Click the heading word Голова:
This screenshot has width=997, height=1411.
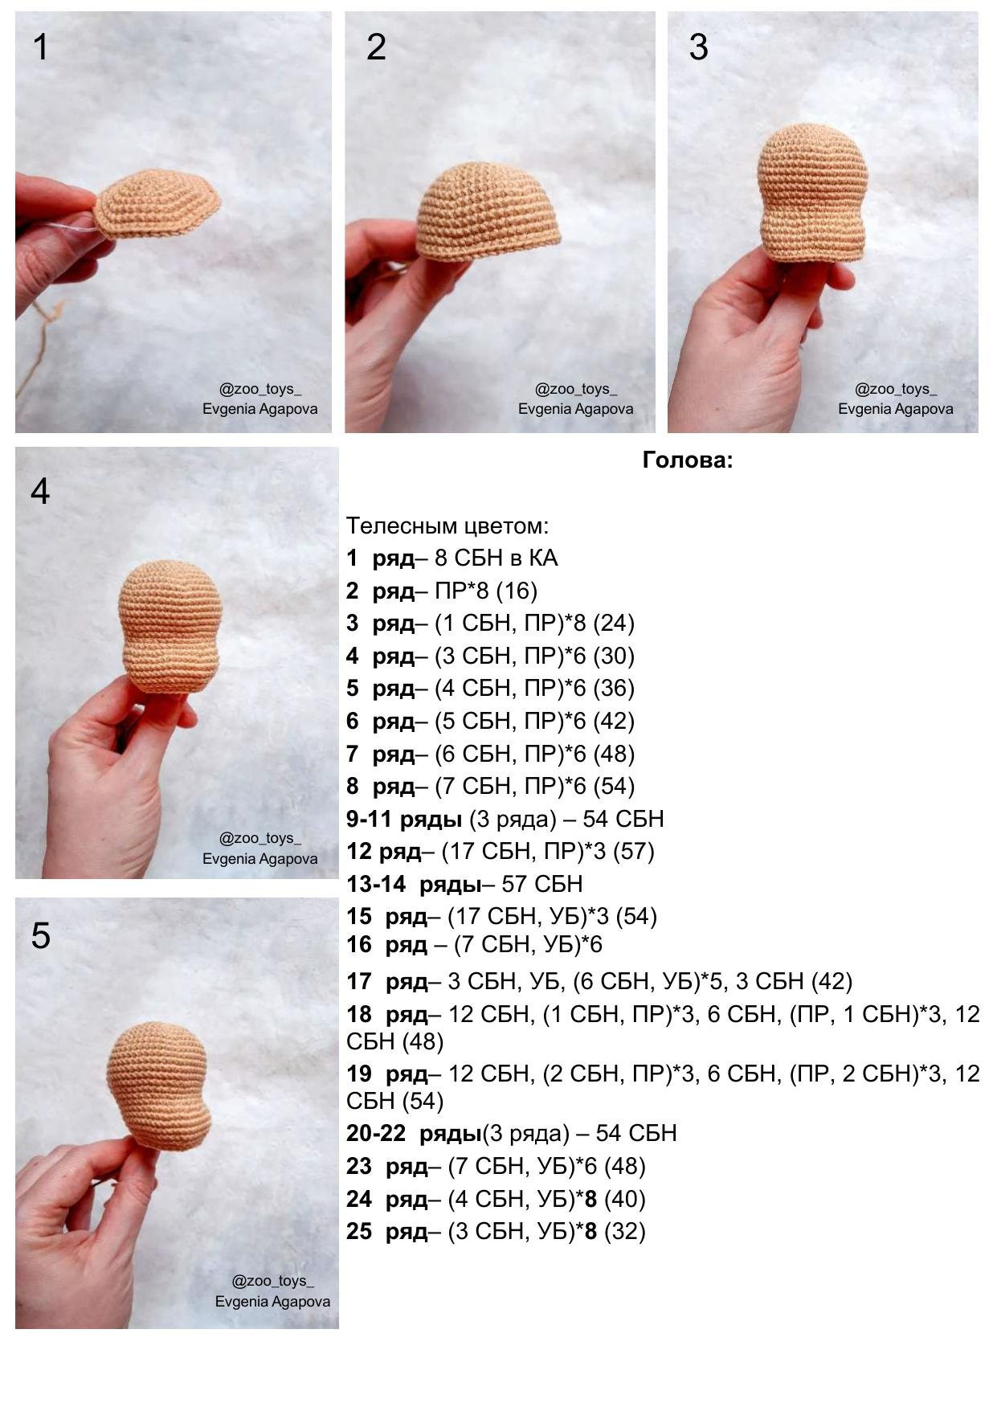(688, 460)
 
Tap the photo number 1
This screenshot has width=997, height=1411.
(40, 47)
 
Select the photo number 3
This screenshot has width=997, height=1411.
(698, 47)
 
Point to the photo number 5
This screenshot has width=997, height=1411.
(40, 936)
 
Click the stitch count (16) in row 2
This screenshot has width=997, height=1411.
(517, 591)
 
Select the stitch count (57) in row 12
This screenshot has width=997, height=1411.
(634, 852)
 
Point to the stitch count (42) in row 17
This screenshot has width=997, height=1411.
(832, 982)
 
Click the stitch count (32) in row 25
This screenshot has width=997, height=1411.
(625, 1232)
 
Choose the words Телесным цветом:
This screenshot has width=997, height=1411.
(447, 526)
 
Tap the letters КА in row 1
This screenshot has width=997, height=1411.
(543, 558)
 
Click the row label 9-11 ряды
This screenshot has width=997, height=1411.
(404, 820)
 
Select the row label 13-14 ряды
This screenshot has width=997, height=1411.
(414, 885)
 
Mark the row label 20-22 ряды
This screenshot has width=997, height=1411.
(414, 1134)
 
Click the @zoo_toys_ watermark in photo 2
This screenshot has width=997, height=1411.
(576, 389)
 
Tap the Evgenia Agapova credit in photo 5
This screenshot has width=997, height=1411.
(272, 1302)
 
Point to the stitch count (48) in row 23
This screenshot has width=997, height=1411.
(625, 1167)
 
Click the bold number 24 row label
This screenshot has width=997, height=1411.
(359, 1200)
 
